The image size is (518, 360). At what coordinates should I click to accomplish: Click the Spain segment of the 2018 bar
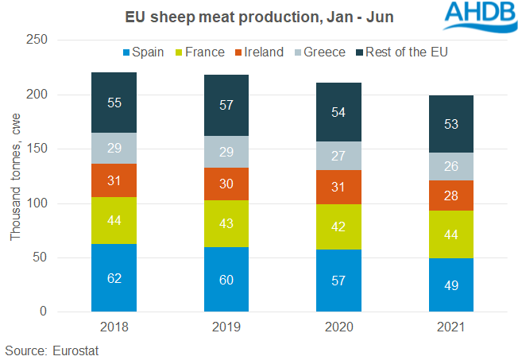click(x=114, y=277)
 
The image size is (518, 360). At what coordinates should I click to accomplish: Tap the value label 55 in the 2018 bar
click(x=114, y=103)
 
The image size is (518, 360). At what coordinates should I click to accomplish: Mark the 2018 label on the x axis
click(x=114, y=327)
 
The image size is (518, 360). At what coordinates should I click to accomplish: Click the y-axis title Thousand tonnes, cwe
click(x=16, y=176)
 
